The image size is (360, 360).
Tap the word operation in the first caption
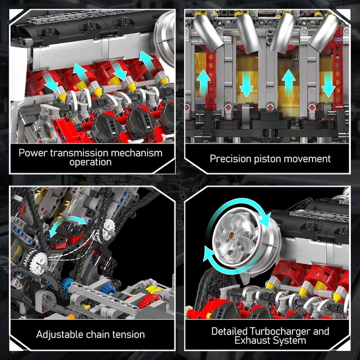[90, 162]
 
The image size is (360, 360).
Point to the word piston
[274, 159]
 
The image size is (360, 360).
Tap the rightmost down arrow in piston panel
[328, 85]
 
